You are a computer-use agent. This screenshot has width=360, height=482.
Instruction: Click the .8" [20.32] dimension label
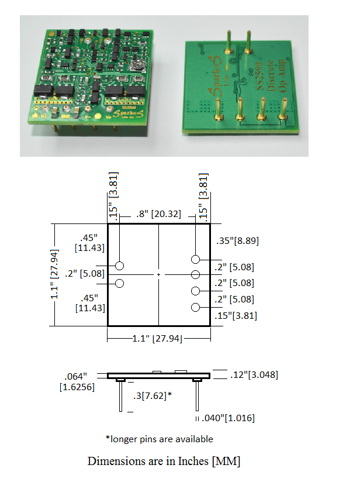click(x=154, y=214)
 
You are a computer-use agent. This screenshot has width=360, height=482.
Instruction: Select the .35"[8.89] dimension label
click(x=237, y=240)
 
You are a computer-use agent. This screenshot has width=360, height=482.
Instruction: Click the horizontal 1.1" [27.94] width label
click(x=158, y=339)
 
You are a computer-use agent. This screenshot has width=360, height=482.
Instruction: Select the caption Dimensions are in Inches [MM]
click(x=164, y=461)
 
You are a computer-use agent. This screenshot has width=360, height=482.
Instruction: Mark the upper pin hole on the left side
click(x=120, y=266)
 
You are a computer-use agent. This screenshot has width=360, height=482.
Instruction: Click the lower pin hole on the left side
click(x=120, y=284)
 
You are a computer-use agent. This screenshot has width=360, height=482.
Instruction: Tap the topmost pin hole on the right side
click(x=196, y=259)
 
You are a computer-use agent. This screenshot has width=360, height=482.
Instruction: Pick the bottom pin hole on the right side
click(x=196, y=308)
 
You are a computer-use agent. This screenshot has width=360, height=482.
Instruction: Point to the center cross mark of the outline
click(x=158, y=274)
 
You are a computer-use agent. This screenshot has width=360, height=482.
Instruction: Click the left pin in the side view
click(x=120, y=396)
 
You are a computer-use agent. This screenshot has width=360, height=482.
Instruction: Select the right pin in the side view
click(x=197, y=396)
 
